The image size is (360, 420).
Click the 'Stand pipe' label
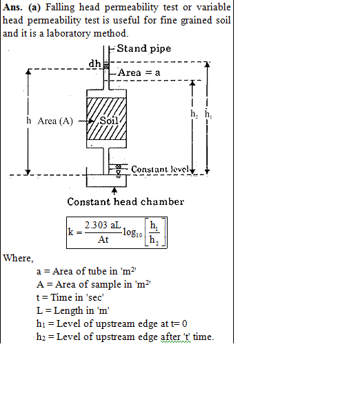[144, 49]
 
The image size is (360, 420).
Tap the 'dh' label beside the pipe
[94, 63]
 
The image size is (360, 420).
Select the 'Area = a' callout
[139, 72]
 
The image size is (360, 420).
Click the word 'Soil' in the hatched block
[109, 121]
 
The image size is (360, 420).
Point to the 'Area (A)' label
[55, 121]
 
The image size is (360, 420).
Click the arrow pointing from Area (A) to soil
[86, 121]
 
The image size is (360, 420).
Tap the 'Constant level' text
[160, 169]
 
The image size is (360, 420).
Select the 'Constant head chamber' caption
[126, 201]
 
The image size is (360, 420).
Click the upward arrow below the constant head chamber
[114, 191]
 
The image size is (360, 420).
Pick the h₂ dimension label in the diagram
[194, 114]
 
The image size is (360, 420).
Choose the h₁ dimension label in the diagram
[208, 114]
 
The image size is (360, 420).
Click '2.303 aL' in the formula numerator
[103, 226]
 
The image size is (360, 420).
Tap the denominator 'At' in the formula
[103, 239]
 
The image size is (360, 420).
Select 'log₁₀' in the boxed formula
[132, 233]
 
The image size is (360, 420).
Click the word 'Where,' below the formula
[18, 258]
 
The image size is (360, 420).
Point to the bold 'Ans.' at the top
[12, 7]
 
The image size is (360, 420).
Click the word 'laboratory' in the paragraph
[68, 34]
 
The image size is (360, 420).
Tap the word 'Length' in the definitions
[68, 311]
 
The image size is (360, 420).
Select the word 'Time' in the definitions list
[61, 297]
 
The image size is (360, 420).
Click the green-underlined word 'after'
[170, 337]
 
